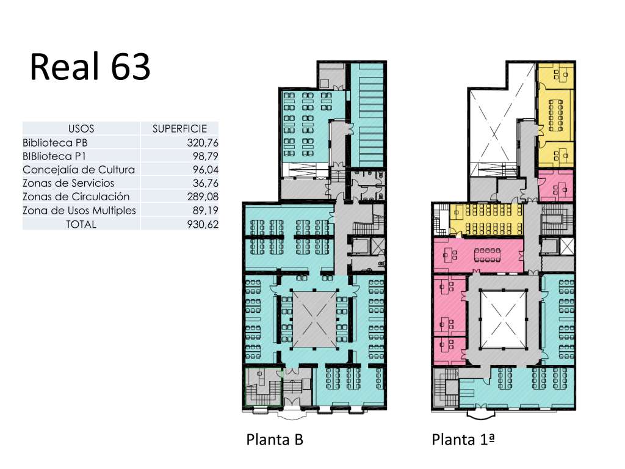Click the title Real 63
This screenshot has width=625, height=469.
click(x=90, y=67)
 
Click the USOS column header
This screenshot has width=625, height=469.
click(x=81, y=129)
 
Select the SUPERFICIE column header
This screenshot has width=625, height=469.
click(x=180, y=129)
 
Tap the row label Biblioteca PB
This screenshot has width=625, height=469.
click(x=55, y=142)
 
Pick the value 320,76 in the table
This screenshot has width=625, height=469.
click(x=203, y=142)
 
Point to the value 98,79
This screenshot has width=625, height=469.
click(x=206, y=156)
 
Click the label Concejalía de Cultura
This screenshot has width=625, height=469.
click(x=79, y=170)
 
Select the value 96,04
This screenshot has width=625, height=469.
click(x=206, y=170)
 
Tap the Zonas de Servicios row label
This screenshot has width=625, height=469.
click(x=68, y=183)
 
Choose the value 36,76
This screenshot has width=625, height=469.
click(x=206, y=183)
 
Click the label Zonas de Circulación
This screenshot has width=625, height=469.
click(x=76, y=197)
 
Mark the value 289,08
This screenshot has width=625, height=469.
click(x=203, y=197)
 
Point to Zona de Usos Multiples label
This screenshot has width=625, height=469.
click(x=79, y=210)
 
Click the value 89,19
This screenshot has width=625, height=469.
click(x=206, y=210)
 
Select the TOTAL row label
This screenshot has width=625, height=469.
click(x=81, y=224)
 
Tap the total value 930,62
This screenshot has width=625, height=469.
click(x=203, y=224)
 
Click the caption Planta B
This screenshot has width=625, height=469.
click(x=275, y=440)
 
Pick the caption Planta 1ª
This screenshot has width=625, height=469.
click(x=463, y=440)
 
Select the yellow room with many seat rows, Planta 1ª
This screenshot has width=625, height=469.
click(x=486, y=219)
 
